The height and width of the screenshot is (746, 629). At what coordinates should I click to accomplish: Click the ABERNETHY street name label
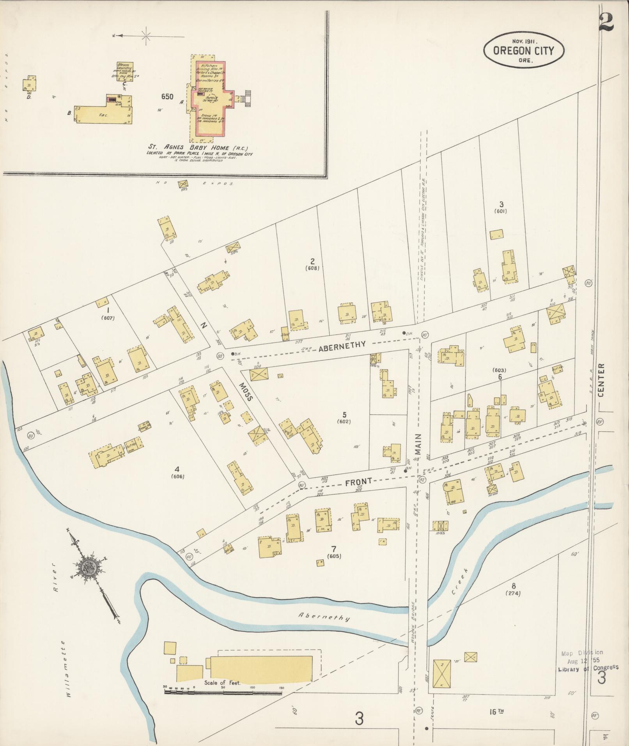point(342,345)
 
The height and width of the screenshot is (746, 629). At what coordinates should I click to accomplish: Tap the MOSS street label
point(246,392)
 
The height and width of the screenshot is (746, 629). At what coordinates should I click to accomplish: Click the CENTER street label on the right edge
point(601,380)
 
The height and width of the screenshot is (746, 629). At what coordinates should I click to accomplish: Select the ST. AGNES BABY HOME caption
point(198,148)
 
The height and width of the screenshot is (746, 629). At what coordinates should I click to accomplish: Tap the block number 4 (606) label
point(177,471)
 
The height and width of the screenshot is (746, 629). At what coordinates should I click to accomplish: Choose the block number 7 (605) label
point(333,551)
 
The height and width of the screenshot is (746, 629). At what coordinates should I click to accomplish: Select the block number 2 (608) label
point(312,264)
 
